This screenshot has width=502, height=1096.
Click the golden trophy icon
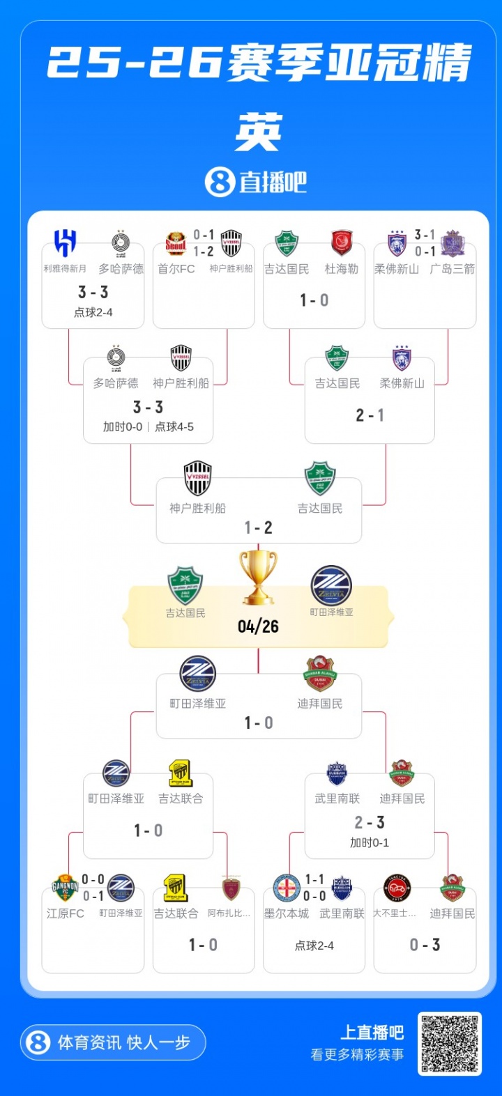point(258,577)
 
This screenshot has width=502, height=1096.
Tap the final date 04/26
point(258,626)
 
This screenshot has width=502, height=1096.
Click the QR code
point(450,1044)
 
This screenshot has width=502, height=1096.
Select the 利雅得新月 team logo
point(66,244)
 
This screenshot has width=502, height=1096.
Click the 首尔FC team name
point(176,269)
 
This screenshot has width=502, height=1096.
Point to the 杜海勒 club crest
point(342,244)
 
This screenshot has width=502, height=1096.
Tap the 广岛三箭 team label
point(452,269)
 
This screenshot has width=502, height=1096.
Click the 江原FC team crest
point(65,888)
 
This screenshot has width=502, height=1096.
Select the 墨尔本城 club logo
point(287,888)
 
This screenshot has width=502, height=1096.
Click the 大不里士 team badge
point(397,888)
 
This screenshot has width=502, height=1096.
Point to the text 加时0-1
point(370,843)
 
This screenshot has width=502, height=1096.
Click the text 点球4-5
point(174,426)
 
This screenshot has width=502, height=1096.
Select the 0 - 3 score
point(425,945)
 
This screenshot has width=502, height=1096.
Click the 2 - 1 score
point(370,415)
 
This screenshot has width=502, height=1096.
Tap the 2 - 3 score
point(370,823)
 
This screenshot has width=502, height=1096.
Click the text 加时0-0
point(123,426)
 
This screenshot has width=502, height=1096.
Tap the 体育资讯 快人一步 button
point(113,1042)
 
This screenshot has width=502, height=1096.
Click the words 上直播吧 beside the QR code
point(372,1033)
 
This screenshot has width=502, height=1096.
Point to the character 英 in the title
point(259,132)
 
